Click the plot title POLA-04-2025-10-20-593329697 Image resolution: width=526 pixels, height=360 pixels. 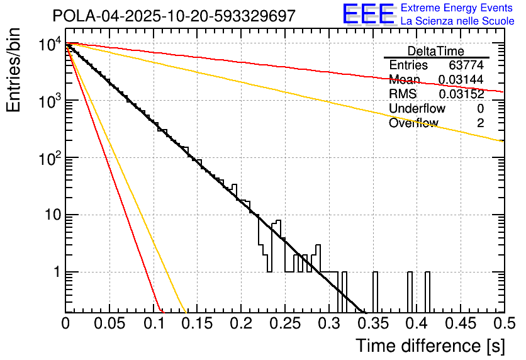pos(174,16)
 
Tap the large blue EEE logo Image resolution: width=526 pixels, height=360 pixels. pos(368,14)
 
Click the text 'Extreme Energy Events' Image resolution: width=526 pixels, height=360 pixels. pos(457,8)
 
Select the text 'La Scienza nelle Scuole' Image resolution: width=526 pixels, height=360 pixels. pos(457,21)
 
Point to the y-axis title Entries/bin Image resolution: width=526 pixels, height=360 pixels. pos(13,70)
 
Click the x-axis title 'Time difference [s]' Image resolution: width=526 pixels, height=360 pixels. pos(430,346)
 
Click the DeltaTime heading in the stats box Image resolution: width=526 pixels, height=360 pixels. pos(436,51)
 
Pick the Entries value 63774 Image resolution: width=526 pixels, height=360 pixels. pos(466,65)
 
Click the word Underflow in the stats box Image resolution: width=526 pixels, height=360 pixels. pos(417,109)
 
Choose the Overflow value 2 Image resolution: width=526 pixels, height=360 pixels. pos(480,123)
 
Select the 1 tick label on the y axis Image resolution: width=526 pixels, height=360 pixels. pos(55,273)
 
